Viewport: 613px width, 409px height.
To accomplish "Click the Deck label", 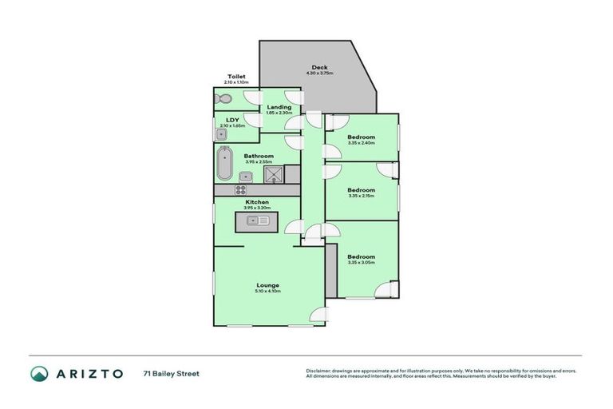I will [x=319, y=67].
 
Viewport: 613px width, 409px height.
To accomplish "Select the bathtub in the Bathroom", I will [x=223, y=164].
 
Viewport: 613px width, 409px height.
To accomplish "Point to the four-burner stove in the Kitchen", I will [x=240, y=190].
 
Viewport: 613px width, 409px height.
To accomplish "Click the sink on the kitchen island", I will [x=257, y=220].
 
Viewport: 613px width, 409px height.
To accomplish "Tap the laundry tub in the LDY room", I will [x=221, y=133].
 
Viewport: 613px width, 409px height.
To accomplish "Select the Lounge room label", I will [x=267, y=285].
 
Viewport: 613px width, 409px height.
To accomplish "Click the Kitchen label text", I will [x=257, y=202].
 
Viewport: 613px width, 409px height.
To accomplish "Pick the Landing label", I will [x=279, y=107].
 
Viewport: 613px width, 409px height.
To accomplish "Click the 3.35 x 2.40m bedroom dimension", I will [x=361, y=144].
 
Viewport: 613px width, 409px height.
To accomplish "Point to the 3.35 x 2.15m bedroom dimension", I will [x=361, y=195].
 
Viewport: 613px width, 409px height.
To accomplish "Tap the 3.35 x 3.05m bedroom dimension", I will [x=361, y=262].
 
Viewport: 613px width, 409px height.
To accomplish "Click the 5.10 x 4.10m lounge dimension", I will [x=267, y=292].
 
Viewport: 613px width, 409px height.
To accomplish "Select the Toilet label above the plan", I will [x=236, y=77].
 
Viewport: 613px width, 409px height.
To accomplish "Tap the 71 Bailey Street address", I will [x=171, y=373].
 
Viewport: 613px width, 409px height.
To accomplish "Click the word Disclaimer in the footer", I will [x=321, y=371].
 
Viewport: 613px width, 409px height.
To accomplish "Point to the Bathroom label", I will [x=259, y=156].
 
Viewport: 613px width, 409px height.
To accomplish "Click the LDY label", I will [x=232, y=121].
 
